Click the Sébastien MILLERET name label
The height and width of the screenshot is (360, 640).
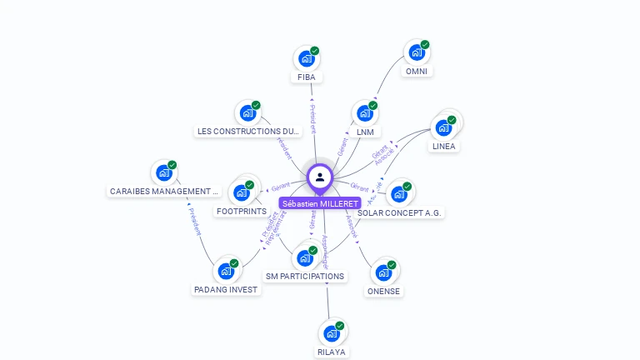tap(320, 203)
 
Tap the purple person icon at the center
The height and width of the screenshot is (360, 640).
tap(320, 177)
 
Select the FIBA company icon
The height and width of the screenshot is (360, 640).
tap(306, 59)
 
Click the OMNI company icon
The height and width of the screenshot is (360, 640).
tap(416, 52)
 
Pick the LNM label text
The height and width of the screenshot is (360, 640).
tap(365, 132)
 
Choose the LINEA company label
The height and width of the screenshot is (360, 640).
tap(443, 147)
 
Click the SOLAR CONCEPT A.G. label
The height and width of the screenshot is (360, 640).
tap(400, 212)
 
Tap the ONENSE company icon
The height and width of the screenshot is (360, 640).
tap(383, 272)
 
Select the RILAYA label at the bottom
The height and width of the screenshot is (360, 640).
tap(331, 352)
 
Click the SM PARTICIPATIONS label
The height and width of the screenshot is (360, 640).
tap(305, 276)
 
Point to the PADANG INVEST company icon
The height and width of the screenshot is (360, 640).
tap(226, 271)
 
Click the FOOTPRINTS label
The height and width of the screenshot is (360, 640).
tap(241, 212)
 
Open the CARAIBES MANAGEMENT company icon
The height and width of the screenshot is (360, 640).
tap(163, 173)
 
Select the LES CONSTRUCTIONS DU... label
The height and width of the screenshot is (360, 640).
tap(247, 132)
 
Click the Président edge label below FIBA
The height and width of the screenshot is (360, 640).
tap(312, 118)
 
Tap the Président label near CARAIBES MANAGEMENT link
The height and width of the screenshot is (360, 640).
tap(194, 221)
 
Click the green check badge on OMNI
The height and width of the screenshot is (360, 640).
tap(425, 44)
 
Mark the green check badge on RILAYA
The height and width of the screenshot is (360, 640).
tap(340, 326)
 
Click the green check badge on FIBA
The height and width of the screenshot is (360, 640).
tap(315, 51)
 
